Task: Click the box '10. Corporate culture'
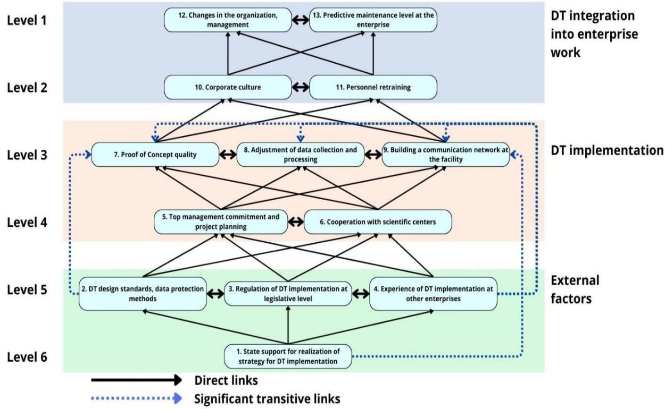click(228, 87)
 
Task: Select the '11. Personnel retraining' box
click(373, 87)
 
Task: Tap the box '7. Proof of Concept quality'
click(155, 155)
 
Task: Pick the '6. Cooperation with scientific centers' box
click(378, 222)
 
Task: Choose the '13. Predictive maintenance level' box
click(373, 20)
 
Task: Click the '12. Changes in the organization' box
click(228, 20)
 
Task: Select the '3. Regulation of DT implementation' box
click(288, 293)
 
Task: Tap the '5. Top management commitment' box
click(220, 222)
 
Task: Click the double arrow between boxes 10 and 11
click(301, 87)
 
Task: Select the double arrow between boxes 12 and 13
click(301, 20)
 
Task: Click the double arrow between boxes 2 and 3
click(215, 293)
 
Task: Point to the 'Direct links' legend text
click(221, 380)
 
